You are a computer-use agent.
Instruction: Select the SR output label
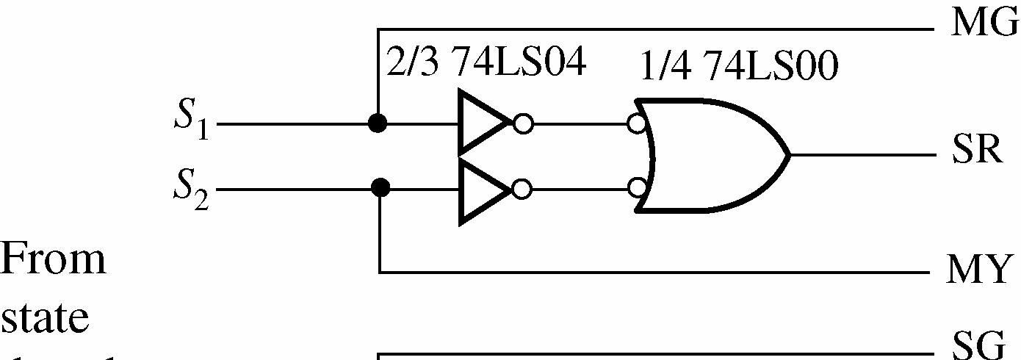(x=977, y=152)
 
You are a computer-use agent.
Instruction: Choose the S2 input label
(x=190, y=189)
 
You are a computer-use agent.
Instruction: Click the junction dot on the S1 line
(x=377, y=123)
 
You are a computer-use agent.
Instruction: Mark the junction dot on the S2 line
(x=380, y=188)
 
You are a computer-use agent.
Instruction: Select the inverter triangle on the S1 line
(x=482, y=123)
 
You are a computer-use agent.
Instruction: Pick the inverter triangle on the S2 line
(x=482, y=190)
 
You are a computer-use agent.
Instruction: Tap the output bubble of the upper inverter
(x=523, y=123)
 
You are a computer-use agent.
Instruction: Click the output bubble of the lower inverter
(x=522, y=189)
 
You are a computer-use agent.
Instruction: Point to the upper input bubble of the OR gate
(x=637, y=123)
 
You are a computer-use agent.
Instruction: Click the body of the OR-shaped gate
(x=712, y=156)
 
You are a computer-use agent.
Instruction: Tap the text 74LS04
(x=518, y=63)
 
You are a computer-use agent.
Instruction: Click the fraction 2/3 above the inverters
(x=414, y=63)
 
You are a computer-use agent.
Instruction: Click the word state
(x=46, y=318)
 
